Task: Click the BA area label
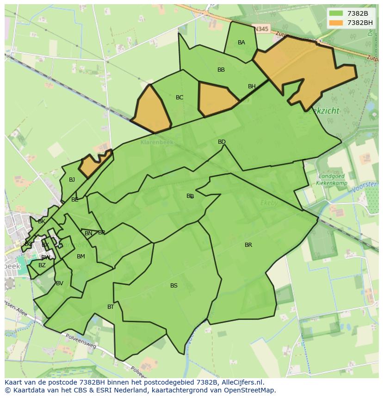241,43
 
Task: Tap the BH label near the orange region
252,86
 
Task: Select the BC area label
179,98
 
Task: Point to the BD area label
222,142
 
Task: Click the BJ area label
72,180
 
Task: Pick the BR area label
248,245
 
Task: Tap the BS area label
173,286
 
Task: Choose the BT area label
111,307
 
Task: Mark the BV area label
59,283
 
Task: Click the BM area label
81,257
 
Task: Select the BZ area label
42,265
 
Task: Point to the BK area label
42,221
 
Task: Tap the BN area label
88,233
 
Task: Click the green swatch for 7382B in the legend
336,13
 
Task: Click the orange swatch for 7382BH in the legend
336,23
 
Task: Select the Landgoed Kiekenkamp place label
331,179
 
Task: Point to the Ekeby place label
269,202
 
